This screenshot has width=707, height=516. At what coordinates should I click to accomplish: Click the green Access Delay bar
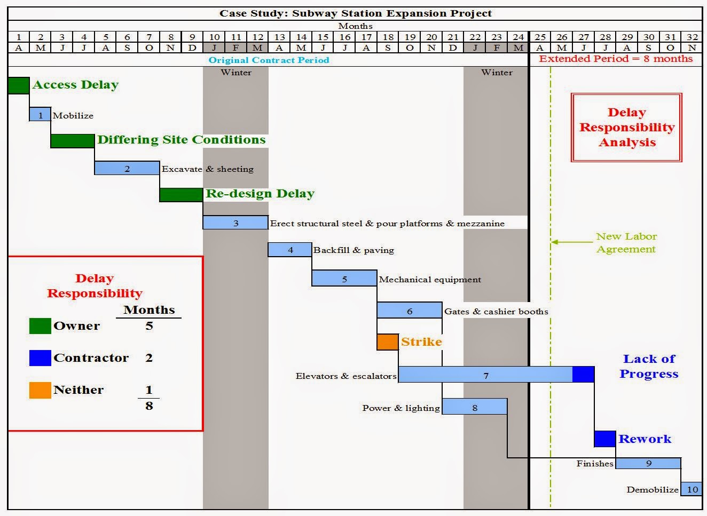click(x=19, y=85)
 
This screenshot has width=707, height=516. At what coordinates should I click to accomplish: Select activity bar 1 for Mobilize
click(x=40, y=115)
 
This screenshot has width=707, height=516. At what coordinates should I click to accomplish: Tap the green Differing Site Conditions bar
click(x=73, y=141)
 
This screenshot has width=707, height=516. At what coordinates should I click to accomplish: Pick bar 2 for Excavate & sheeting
click(x=127, y=169)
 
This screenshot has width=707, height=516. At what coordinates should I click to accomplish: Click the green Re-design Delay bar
click(x=181, y=195)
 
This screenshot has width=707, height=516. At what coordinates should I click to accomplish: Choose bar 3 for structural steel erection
click(x=235, y=223)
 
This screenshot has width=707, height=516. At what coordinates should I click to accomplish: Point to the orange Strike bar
click(x=388, y=342)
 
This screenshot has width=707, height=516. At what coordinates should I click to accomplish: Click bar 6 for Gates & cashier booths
click(x=410, y=311)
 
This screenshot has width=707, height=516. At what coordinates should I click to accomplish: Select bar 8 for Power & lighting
click(x=475, y=407)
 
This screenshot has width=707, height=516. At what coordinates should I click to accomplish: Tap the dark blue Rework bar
click(x=605, y=439)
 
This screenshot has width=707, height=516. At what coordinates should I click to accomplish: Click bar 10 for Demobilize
click(x=692, y=489)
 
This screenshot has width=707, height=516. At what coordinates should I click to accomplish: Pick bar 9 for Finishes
click(x=648, y=463)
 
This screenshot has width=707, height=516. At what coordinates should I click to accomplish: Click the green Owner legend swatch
click(x=40, y=326)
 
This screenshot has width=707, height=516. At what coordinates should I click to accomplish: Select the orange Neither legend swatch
click(x=40, y=390)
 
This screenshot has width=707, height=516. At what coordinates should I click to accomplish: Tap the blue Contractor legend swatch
click(x=40, y=358)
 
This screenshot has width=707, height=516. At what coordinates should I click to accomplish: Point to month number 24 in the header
click(x=518, y=37)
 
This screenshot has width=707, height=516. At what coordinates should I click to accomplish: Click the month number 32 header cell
click(x=692, y=37)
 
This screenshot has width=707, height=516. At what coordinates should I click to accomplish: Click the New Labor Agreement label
click(x=626, y=243)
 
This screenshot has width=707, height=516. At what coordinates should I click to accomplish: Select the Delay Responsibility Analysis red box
click(x=627, y=128)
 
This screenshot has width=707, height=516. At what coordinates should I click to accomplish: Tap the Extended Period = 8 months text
click(x=616, y=59)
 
